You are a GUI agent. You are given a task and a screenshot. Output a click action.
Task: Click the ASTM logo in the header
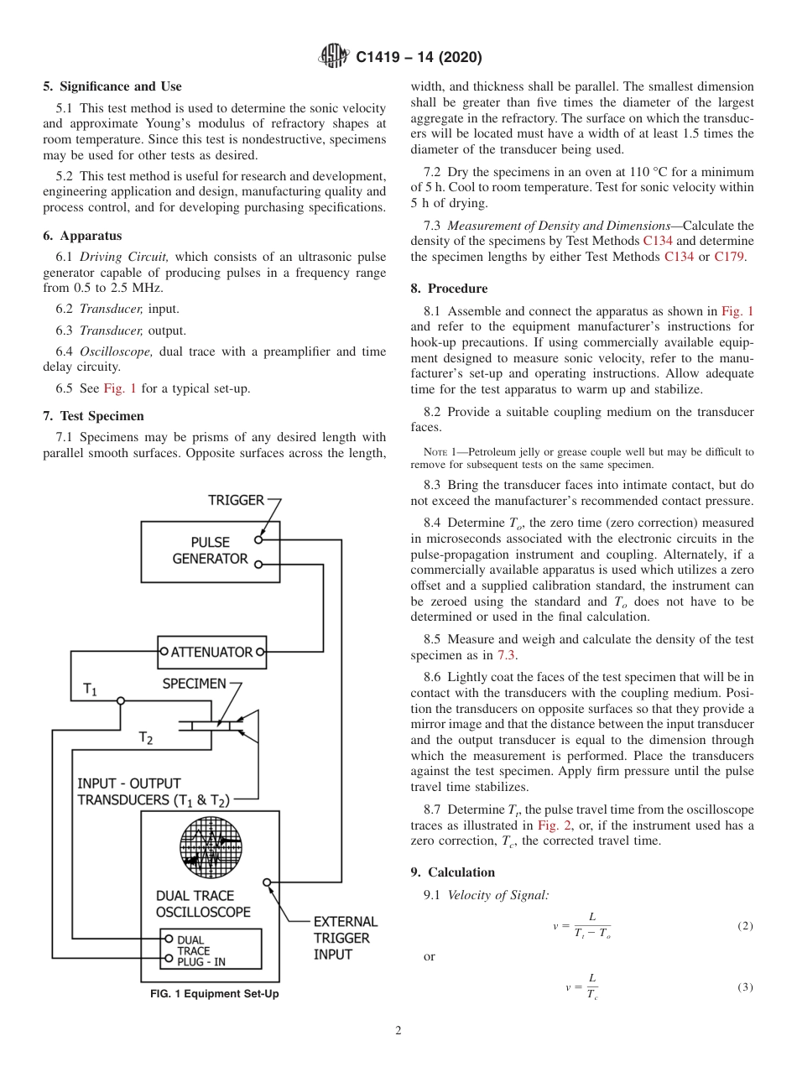coord(335,57)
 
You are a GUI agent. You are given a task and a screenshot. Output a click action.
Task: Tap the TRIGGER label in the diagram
coord(236,501)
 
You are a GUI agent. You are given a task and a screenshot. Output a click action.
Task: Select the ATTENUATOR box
coord(212,651)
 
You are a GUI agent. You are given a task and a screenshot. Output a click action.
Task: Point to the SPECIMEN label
coord(194,684)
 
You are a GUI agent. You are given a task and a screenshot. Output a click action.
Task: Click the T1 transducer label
coord(90,690)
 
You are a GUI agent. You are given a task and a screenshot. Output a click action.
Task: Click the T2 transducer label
coord(146,738)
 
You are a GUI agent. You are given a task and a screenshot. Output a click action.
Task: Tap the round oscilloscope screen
coord(211,841)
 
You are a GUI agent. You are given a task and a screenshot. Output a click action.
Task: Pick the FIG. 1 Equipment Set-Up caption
coord(214,994)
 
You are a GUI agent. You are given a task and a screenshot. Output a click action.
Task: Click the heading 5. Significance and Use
coord(112,86)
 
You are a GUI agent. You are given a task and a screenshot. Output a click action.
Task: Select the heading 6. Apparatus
coord(82,236)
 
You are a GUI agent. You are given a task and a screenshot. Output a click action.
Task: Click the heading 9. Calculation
coord(452,872)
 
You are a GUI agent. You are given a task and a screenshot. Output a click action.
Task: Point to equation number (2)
coord(745,926)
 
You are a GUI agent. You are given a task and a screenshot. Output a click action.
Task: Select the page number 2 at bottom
coord(398,1031)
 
